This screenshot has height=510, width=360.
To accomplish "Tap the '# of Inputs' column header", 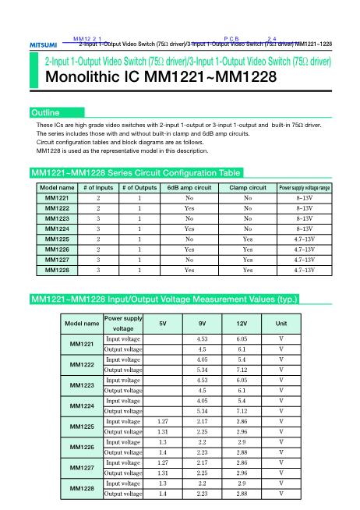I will tap(98, 188).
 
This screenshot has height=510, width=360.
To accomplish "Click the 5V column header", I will tap(162, 324).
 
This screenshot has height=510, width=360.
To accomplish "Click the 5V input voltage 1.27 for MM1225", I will tap(162, 420).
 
